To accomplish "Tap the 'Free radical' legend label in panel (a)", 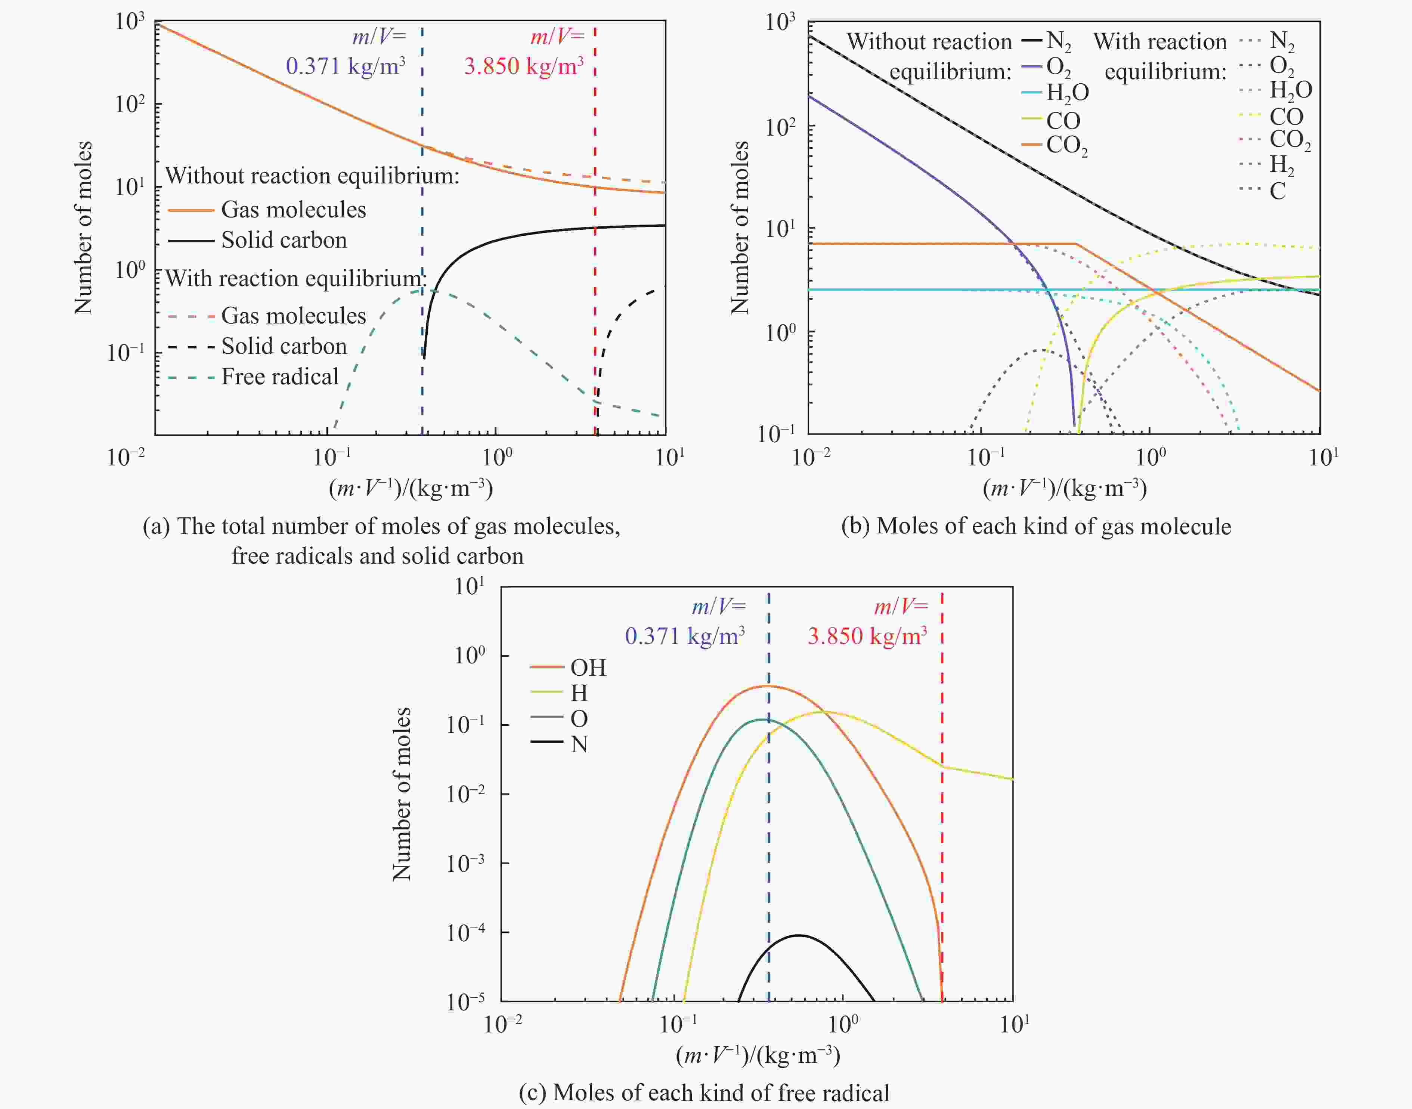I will (280, 377).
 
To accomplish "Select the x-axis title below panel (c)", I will (758, 1056).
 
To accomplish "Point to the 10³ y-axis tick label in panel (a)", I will (130, 22).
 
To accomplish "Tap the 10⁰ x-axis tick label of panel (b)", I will (1151, 458).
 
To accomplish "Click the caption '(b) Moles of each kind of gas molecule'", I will (1035, 526).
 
